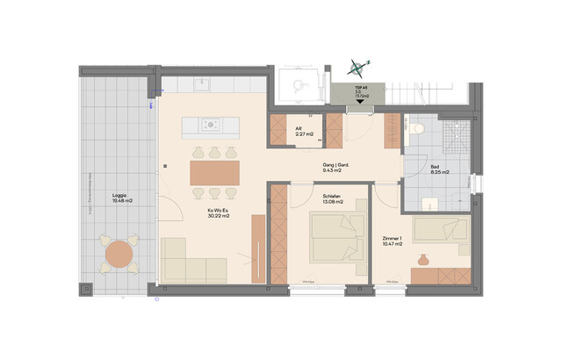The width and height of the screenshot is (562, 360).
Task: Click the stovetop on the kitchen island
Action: point(211,124)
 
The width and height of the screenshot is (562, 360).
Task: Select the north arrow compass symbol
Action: point(356,64)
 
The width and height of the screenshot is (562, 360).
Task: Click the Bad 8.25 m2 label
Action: point(439,169)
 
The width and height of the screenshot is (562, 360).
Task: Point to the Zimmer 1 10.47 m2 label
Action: point(393,241)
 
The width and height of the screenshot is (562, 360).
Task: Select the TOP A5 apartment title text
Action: point(361,89)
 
